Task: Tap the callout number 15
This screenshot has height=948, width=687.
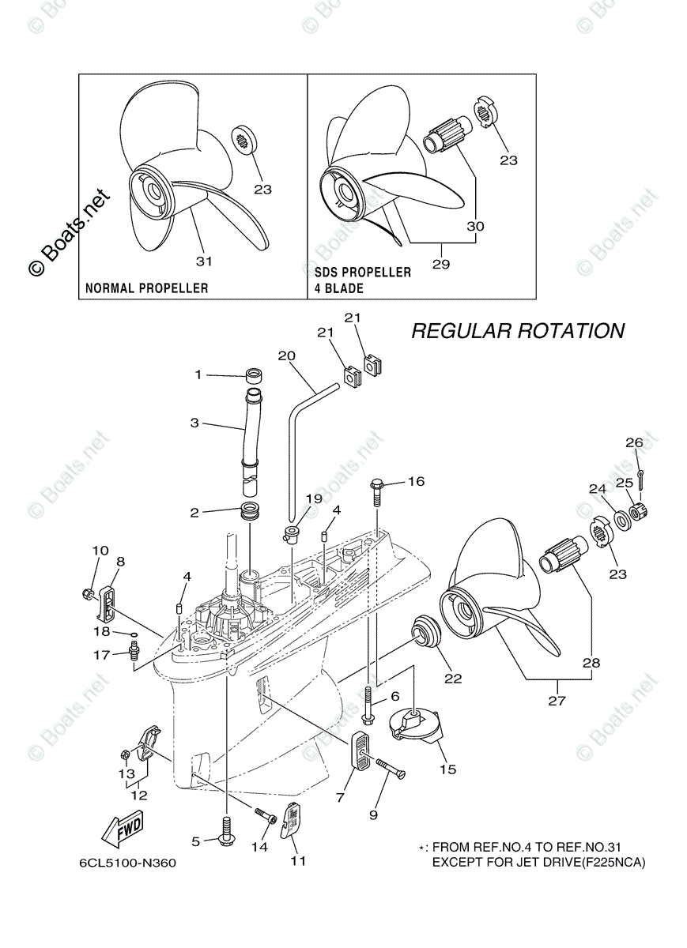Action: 448,769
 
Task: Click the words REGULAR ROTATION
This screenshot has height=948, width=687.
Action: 517,330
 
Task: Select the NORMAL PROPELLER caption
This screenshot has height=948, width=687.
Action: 147,288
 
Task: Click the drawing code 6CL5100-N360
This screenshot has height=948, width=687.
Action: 127,863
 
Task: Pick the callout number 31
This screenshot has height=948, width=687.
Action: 204,260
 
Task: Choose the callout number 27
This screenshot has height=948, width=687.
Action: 557,700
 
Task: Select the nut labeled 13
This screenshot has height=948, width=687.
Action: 126,753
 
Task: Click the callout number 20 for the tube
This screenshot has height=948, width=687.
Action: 285,355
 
